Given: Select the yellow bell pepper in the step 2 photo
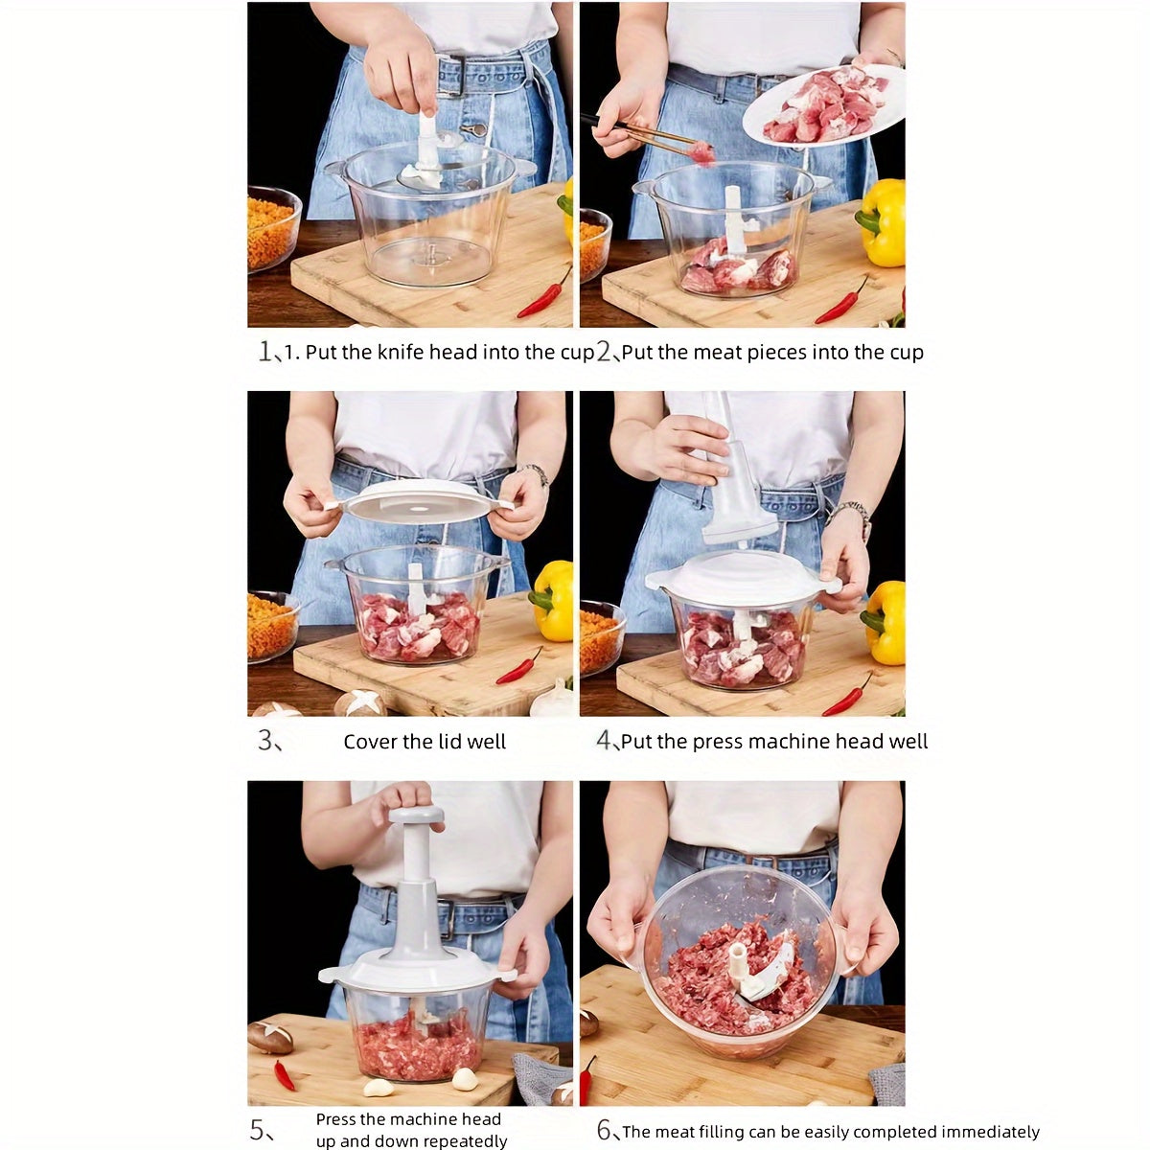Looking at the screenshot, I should coord(883,222).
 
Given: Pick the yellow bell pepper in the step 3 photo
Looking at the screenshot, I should coord(553,600).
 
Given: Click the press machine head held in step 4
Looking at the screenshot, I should coord(736,479).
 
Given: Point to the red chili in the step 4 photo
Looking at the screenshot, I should coord(847,697).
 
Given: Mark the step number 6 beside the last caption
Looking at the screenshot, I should coord(606,1131).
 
